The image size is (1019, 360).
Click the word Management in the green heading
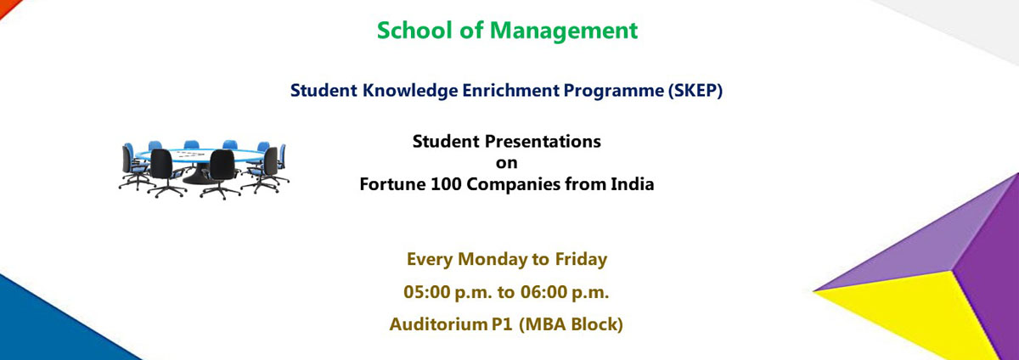pos(564,31)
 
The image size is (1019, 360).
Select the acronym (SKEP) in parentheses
pos(695,91)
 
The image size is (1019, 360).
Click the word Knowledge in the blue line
pos(410,91)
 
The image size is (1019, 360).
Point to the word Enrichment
pos(511,90)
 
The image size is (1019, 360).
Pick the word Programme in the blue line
pos(614,91)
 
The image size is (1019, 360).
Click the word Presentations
pos(543,142)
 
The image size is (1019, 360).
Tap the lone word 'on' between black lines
pos(507,163)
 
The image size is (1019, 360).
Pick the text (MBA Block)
pos(571,325)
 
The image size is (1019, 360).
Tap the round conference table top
pos(200,155)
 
